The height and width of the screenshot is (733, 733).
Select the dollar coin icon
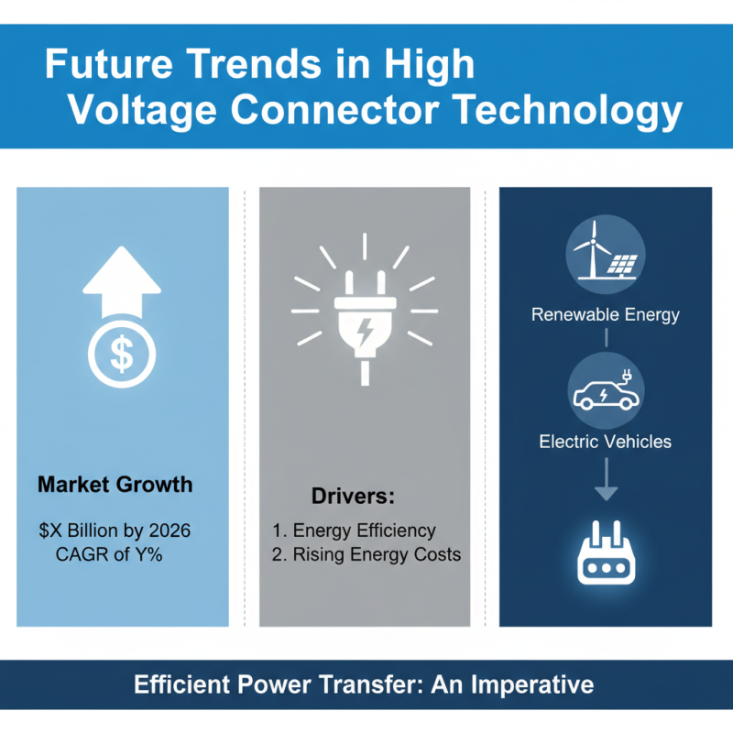[121, 355]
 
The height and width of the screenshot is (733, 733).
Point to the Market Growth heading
[115, 484]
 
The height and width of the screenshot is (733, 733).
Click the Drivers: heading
[353, 497]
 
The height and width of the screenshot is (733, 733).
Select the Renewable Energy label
[605, 315]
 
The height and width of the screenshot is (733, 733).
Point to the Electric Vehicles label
[605, 442]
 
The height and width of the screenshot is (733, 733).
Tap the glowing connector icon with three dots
[605, 562]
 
